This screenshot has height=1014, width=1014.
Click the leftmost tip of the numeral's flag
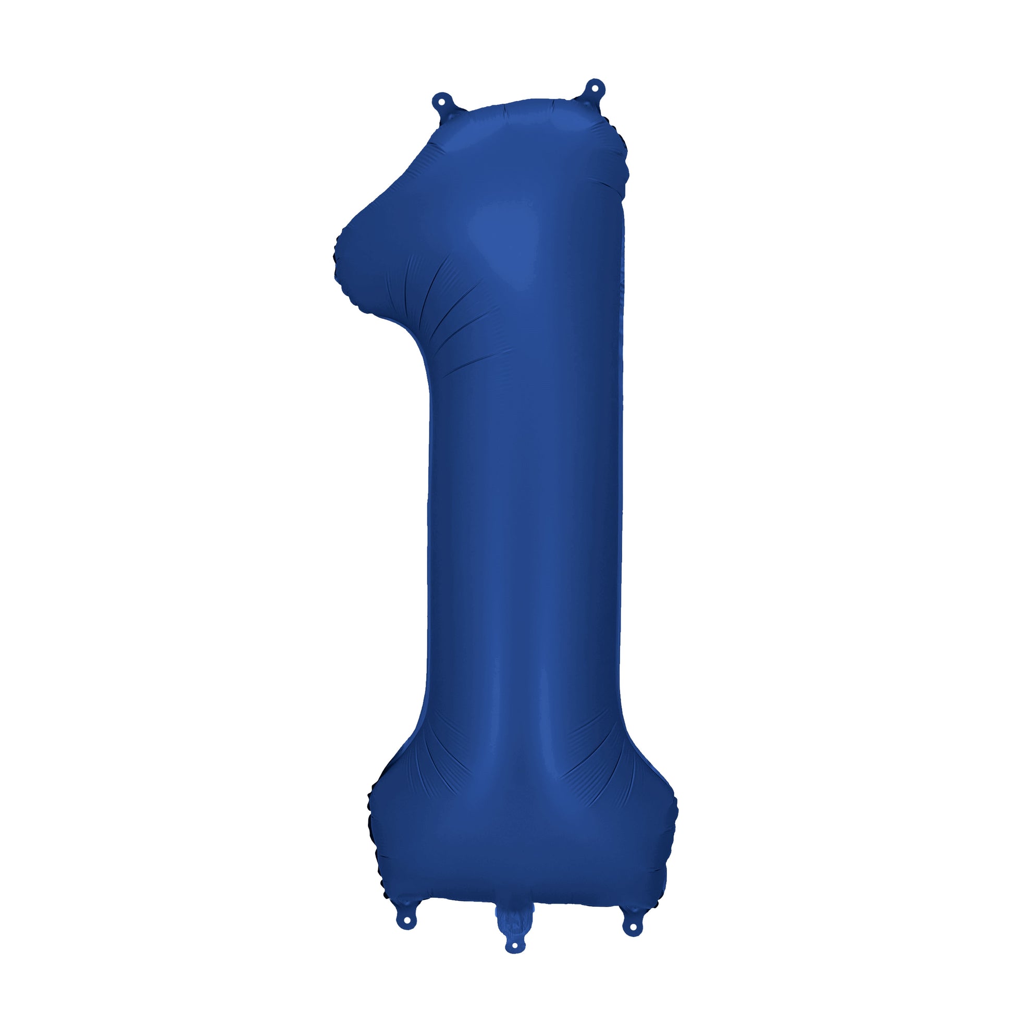[x=335, y=257]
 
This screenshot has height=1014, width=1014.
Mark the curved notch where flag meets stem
[x=415, y=336]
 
